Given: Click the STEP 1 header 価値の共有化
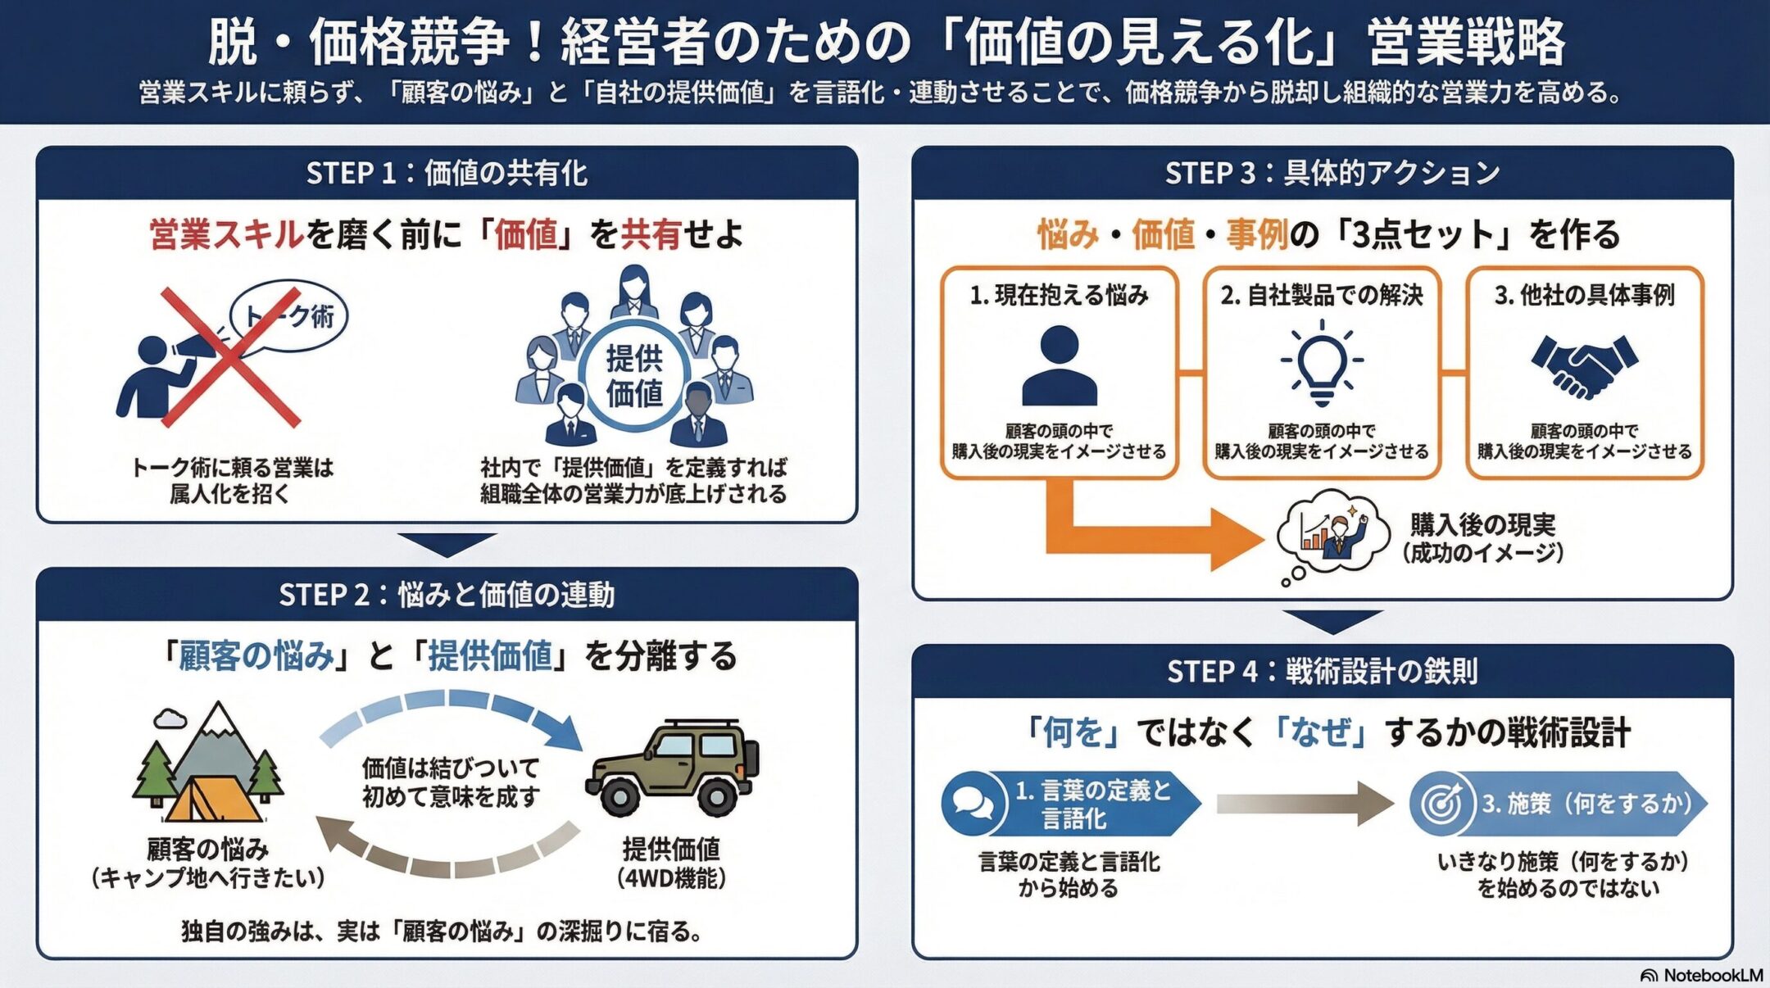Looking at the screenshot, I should pos(447,173).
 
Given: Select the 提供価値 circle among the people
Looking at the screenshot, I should pos(633,376).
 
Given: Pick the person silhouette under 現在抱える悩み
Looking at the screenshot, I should pos(1059,365).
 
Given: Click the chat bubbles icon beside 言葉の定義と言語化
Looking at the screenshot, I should pos(973,803).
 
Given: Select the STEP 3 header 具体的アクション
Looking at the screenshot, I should pos(1332,173).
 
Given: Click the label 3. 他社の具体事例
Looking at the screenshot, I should pos(1584,295).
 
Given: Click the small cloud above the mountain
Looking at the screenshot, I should pos(170,718).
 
